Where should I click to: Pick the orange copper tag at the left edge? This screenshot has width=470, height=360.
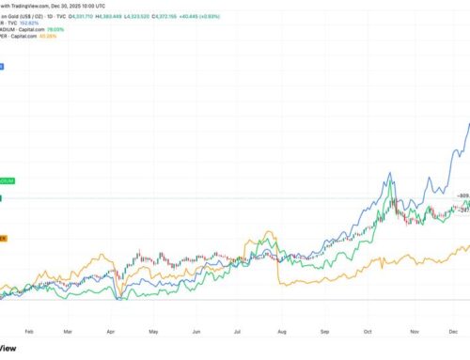5,238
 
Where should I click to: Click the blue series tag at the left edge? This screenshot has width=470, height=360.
2,67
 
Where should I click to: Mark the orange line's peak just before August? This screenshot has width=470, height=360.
270,231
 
